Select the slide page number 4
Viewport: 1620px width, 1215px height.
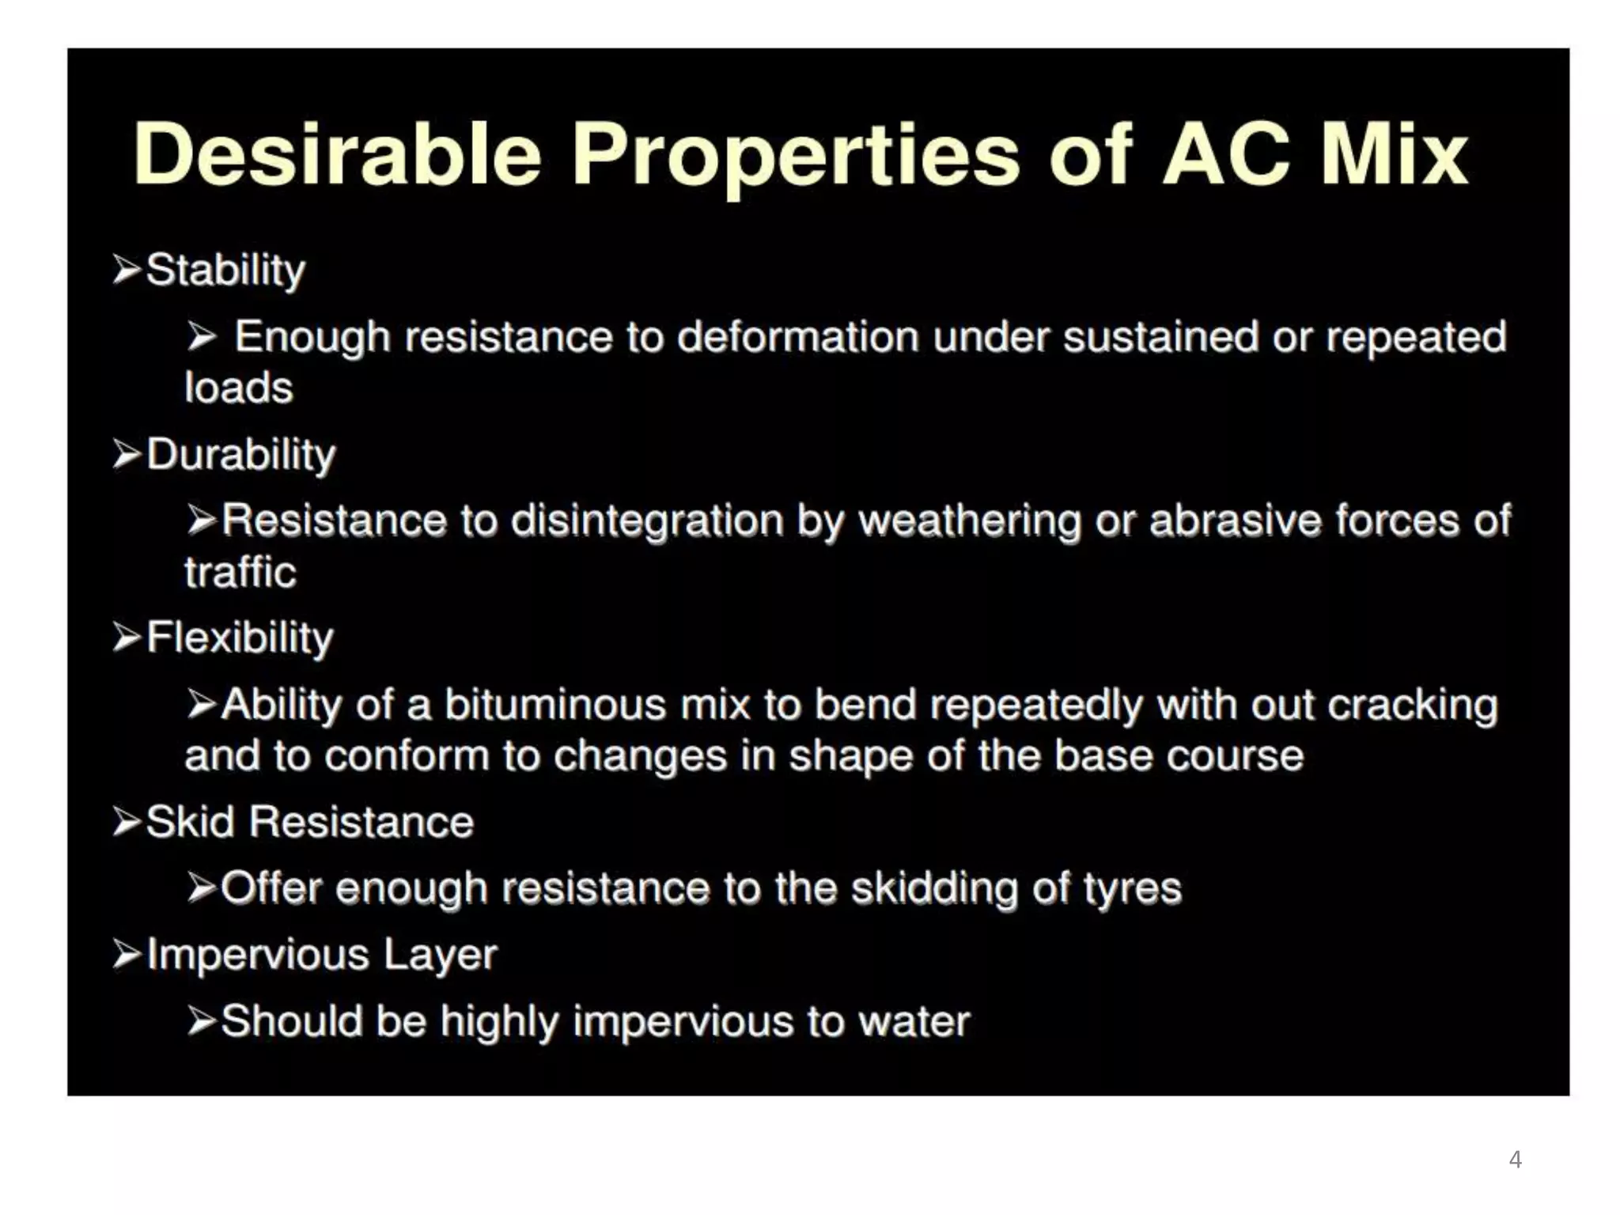point(1515,1160)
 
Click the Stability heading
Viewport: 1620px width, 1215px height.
point(225,271)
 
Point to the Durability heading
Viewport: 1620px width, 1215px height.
point(241,455)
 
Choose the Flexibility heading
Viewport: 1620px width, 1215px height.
point(240,638)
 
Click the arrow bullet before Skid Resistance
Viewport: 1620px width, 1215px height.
point(127,822)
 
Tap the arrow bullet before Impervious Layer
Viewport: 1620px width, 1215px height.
point(127,954)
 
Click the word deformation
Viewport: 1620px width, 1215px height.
point(798,337)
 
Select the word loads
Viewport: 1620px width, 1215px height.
point(239,388)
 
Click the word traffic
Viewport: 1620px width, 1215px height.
point(240,573)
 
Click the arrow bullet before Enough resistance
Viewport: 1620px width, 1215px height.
point(202,338)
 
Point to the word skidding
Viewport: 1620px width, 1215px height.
point(934,888)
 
